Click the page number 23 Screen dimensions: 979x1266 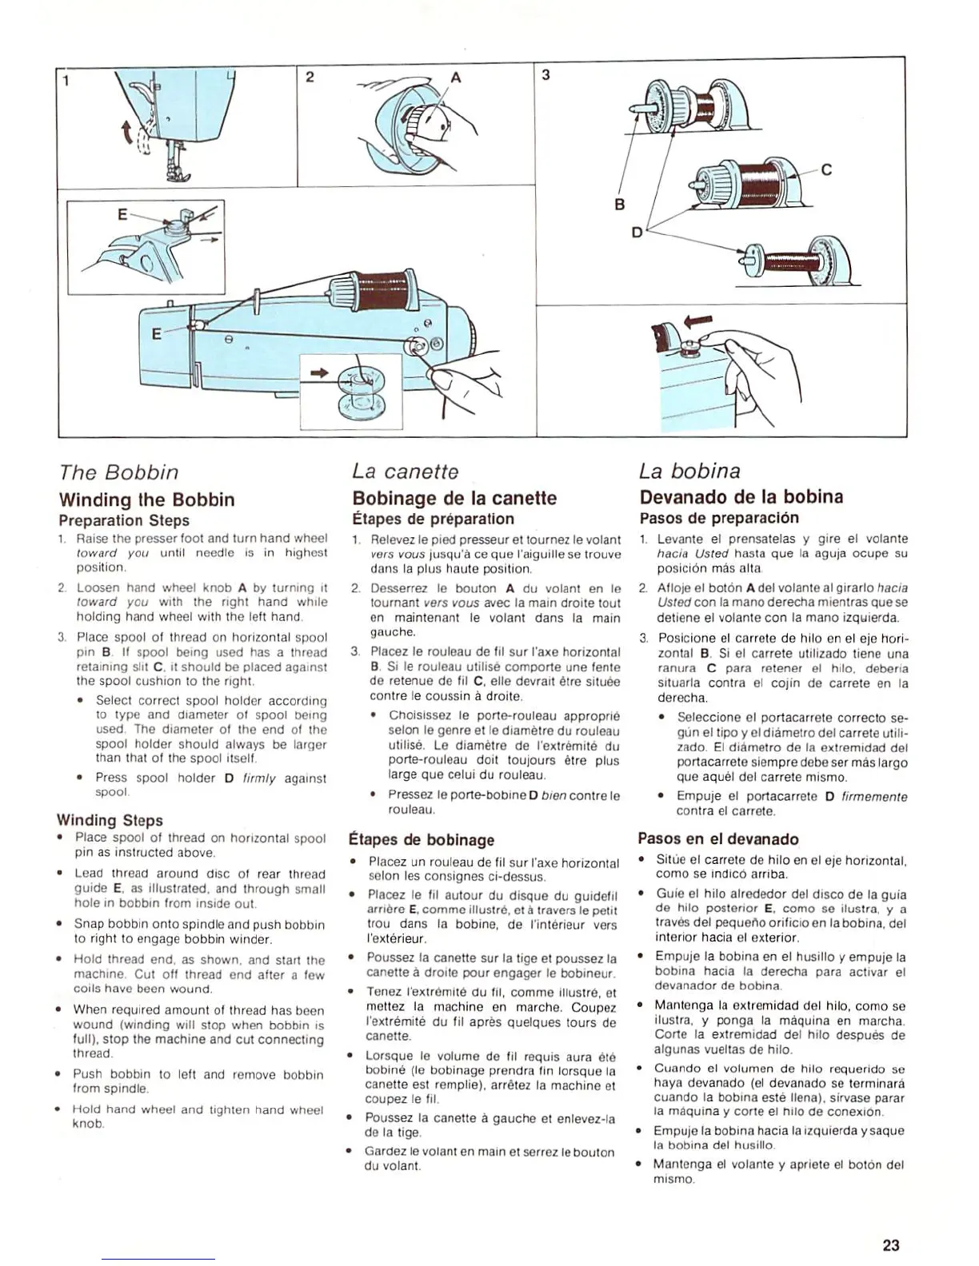coord(891,1244)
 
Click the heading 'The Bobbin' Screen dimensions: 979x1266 coord(118,472)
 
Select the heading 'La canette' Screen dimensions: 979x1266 coord(406,472)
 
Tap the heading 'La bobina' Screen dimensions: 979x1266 coord(690,471)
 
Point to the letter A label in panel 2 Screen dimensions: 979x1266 coord(457,78)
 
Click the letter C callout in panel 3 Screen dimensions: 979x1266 coord(826,169)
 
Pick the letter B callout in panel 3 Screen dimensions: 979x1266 coord(619,204)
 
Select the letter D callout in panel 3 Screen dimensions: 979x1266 coord(637,233)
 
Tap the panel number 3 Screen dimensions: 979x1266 coord(545,75)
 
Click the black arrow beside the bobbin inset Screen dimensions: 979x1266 coord(319,372)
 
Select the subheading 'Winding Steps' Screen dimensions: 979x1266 coord(110,820)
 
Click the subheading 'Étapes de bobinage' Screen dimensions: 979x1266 coord(422,840)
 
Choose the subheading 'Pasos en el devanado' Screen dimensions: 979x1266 coord(717,838)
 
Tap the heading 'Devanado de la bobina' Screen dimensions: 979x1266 coord(741,496)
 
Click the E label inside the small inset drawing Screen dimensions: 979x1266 coord(122,214)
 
